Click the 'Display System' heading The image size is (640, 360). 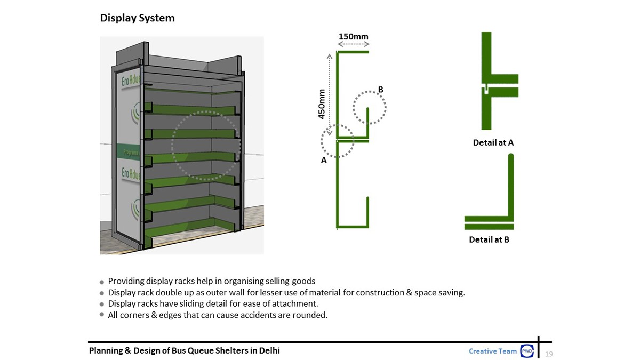(x=137, y=18)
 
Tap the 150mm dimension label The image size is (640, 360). (x=353, y=36)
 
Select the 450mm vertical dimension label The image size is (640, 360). (x=323, y=105)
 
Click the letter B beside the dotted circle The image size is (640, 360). (x=381, y=90)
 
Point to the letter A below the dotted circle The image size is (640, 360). (x=324, y=160)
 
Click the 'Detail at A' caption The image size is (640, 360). (x=493, y=143)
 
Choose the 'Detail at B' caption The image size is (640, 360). (x=489, y=239)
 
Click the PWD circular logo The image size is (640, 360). (x=527, y=351)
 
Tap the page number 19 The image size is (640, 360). (x=549, y=354)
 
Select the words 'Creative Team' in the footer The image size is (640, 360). (x=493, y=351)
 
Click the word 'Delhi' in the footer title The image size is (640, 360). (x=269, y=350)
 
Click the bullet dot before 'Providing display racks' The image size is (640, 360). (x=102, y=282)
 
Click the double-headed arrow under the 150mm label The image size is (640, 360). (x=353, y=44)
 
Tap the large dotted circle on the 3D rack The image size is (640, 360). (x=206, y=144)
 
